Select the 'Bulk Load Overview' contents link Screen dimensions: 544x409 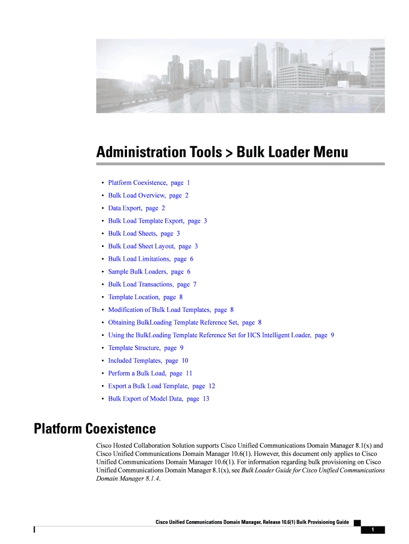[x=148, y=195]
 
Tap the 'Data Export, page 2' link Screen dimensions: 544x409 [x=137, y=208]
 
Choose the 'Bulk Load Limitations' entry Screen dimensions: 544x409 [x=150, y=259]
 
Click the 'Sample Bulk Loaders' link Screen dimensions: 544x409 [x=149, y=272]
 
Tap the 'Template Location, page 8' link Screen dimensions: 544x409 [x=145, y=297]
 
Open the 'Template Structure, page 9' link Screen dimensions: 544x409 [x=146, y=348]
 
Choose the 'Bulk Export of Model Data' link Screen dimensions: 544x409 [x=158, y=399]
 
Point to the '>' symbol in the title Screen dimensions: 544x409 [x=229, y=154]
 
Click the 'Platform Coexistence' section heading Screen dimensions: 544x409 [x=95, y=429]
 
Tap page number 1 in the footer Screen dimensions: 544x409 [x=373, y=530]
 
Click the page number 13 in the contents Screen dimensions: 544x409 [x=206, y=399]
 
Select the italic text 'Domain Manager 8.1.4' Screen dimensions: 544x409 [x=127, y=479]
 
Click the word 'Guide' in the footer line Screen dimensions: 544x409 [x=339, y=522]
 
